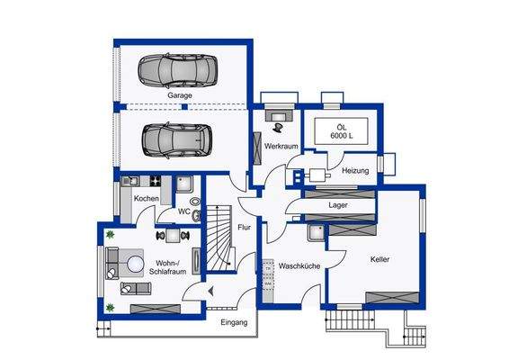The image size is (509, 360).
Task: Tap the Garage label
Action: tap(181, 94)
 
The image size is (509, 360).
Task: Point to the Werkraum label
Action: tap(281, 146)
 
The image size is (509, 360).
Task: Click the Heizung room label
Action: tap(355, 169)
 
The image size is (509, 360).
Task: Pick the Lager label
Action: tap(338, 205)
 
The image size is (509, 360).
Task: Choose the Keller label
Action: tap(380, 259)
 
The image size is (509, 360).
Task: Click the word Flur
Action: tap(244, 228)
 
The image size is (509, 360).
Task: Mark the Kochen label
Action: tap(147, 198)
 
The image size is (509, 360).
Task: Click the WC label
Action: tap(183, 212)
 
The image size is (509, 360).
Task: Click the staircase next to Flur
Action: tap(219, 240)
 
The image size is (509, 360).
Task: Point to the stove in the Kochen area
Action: tap(155, 180)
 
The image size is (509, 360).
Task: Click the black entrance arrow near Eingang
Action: tap(210, 291)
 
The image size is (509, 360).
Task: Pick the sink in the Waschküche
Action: tap(316, 232)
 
